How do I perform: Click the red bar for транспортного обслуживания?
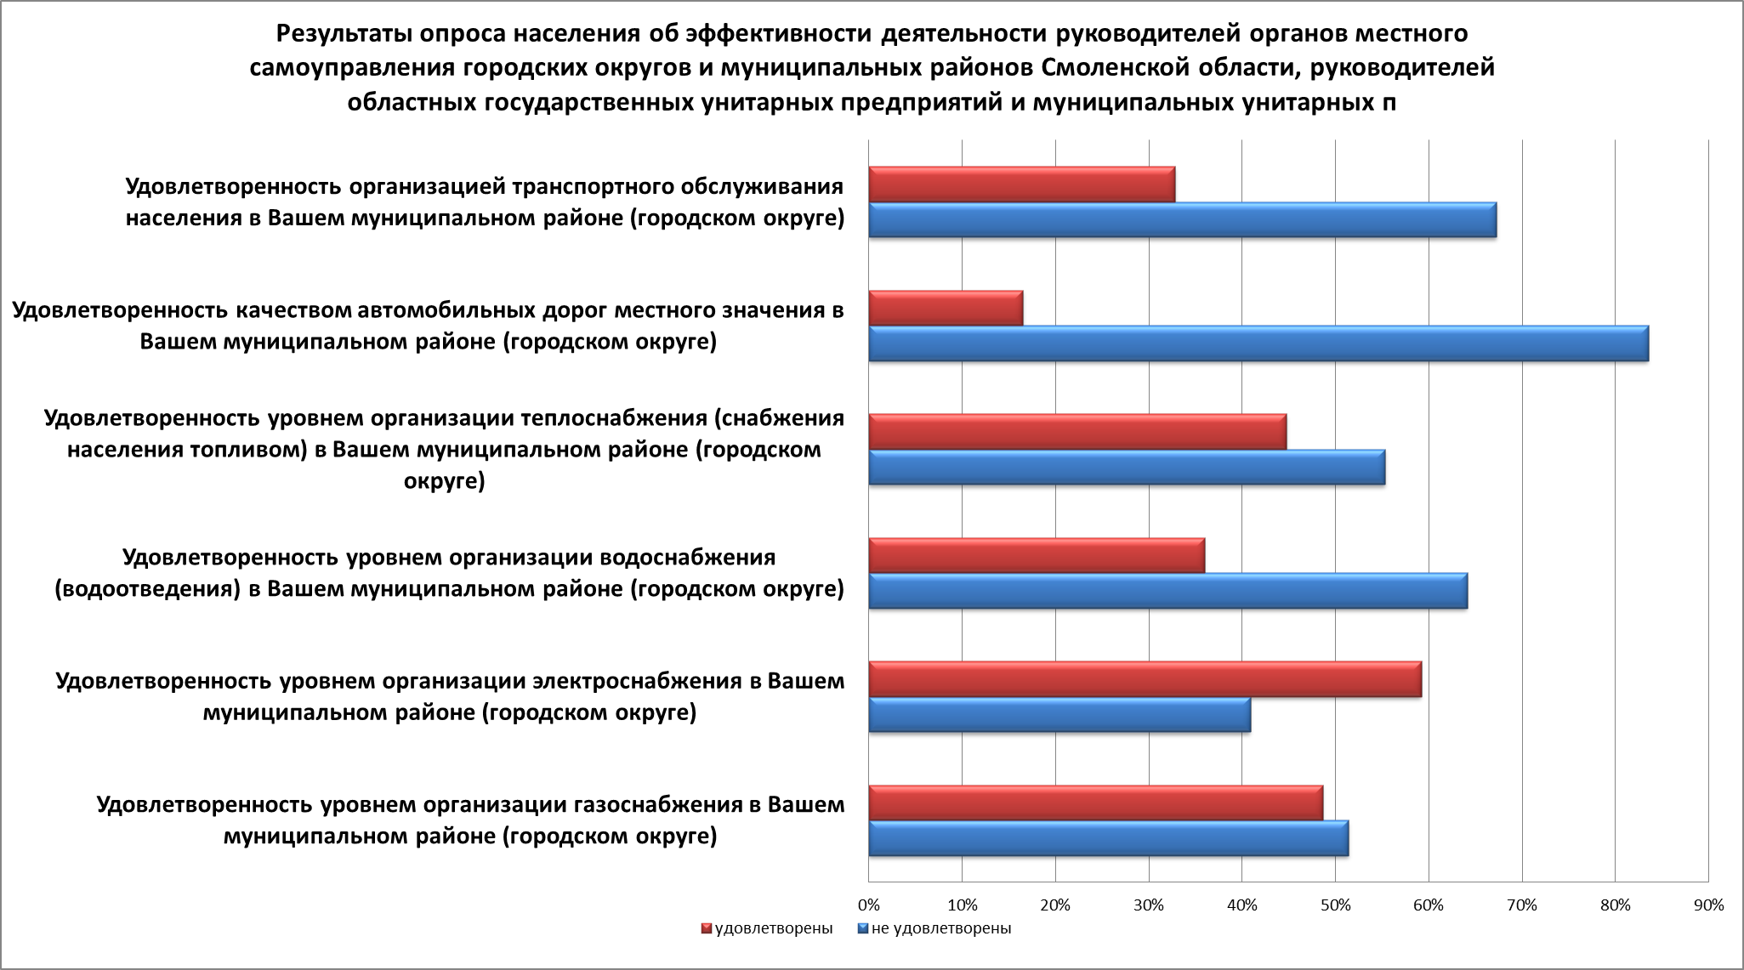point(1021,184)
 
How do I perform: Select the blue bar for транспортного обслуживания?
point(1182,219)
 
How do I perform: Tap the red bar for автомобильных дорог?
point(946,308)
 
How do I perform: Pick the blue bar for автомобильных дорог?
point(1258,343)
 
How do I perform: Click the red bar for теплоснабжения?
point(1077,432)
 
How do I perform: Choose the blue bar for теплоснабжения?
point(1127,467)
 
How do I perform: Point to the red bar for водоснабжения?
point(1037,555)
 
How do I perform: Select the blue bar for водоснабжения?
point(1167,591)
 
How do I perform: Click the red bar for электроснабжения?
point(1145,679)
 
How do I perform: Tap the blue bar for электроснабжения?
point(1059,714)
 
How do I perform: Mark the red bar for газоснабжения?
point(1095,803)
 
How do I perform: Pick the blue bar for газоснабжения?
point(1108,838)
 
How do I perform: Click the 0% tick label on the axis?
point(868,905)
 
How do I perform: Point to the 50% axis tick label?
point(1335,905)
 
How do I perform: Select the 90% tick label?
point(1708,905)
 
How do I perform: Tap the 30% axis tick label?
point(1149,905)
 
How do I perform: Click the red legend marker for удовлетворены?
point(706,928)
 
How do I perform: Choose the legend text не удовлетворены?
point(941,928)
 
